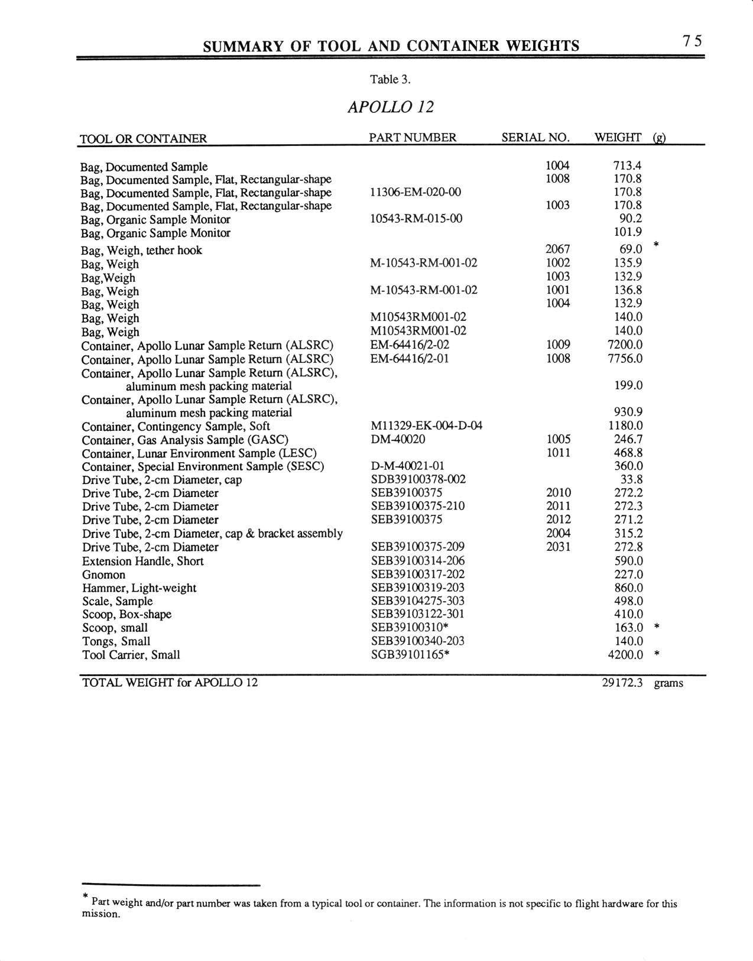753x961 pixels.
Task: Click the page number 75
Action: [692, 41]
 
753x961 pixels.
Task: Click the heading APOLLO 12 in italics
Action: [391, 107]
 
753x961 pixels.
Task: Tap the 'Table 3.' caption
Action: [390, 79]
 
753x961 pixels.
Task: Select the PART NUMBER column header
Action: [413, 138]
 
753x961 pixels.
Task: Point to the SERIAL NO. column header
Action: [535, 138]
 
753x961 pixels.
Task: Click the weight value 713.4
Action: [628, 166]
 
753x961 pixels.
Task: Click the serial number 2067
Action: [557, 249]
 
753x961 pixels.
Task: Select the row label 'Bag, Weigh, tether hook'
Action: [141, 250]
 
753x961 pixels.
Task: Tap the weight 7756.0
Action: [625, 359]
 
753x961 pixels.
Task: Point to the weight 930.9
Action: [628, 412]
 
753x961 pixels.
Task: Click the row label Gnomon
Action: [103, 574]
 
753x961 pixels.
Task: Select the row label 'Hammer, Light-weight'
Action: [139, 588]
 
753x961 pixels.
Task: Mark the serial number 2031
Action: [558, 547]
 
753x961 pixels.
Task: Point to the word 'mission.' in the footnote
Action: [100, 914]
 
